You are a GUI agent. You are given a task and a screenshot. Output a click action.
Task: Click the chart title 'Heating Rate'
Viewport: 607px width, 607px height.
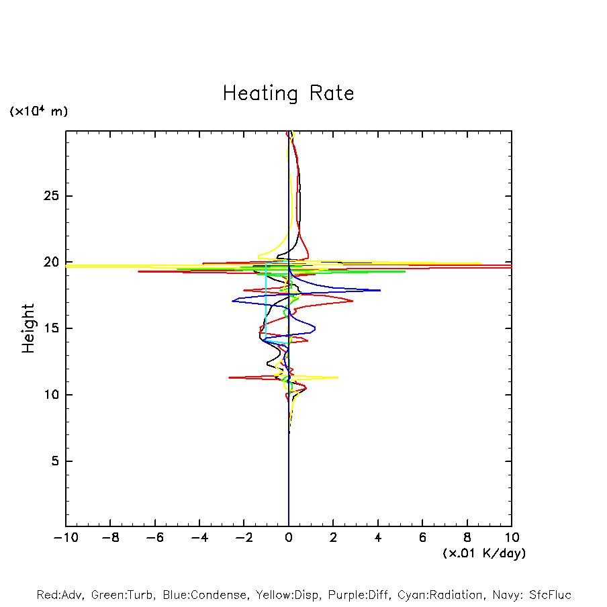coord(288,93)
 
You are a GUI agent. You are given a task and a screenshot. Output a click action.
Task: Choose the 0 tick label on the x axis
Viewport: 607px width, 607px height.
coord(289,538)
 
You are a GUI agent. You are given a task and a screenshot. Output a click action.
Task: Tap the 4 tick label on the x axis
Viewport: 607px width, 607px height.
coord(378,538)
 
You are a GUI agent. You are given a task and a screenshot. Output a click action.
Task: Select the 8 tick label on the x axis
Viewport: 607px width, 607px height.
coord(467,538)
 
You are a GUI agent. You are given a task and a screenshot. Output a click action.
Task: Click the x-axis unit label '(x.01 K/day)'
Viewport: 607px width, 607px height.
coord(483,553)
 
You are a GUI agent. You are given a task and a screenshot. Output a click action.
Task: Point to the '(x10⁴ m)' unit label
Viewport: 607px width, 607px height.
coord(38,111)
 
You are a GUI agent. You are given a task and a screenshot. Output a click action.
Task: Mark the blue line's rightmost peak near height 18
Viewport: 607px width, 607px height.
coord(380,290)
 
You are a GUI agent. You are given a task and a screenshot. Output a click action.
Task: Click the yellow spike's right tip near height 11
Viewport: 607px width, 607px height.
coord(338,377)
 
